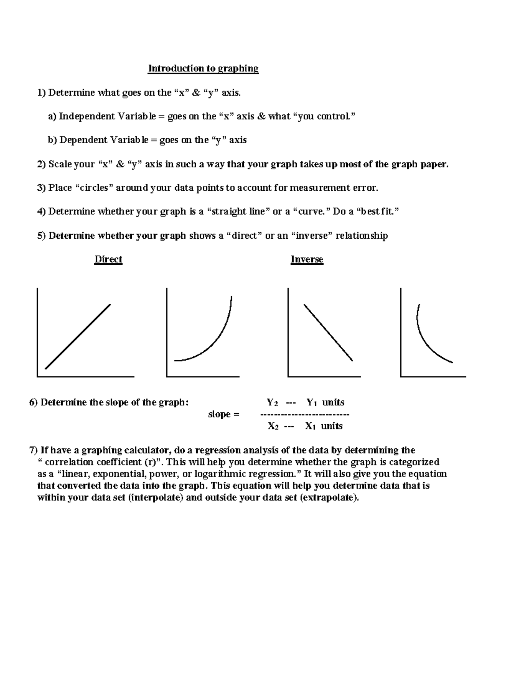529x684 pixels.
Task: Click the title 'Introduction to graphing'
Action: pyautogui.click(x=203, y=69)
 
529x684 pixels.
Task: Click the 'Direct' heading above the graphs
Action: pyautogui.click(x=108, y=259)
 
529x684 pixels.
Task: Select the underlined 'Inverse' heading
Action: pyautogui.click(x=307, y=259)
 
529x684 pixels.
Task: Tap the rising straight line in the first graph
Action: pyautogui.click(x=78, y=336)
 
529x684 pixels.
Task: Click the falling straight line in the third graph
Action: pyautogui.click(x=328, y=333)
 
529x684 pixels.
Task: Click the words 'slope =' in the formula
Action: pyautogui.click(x=224, y=414)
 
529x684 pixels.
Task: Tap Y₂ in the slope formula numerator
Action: pyautogui.click(x=272, y=403)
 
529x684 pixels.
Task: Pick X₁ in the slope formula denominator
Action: pyautogui.click(x=310, y=426)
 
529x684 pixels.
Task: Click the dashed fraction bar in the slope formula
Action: pyautogui.click(x=305, y=414)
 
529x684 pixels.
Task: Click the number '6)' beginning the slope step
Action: pyautogui.click(x=34, y=403)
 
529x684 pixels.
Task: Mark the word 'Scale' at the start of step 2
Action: pyautogui.click(x=60, y=165)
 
